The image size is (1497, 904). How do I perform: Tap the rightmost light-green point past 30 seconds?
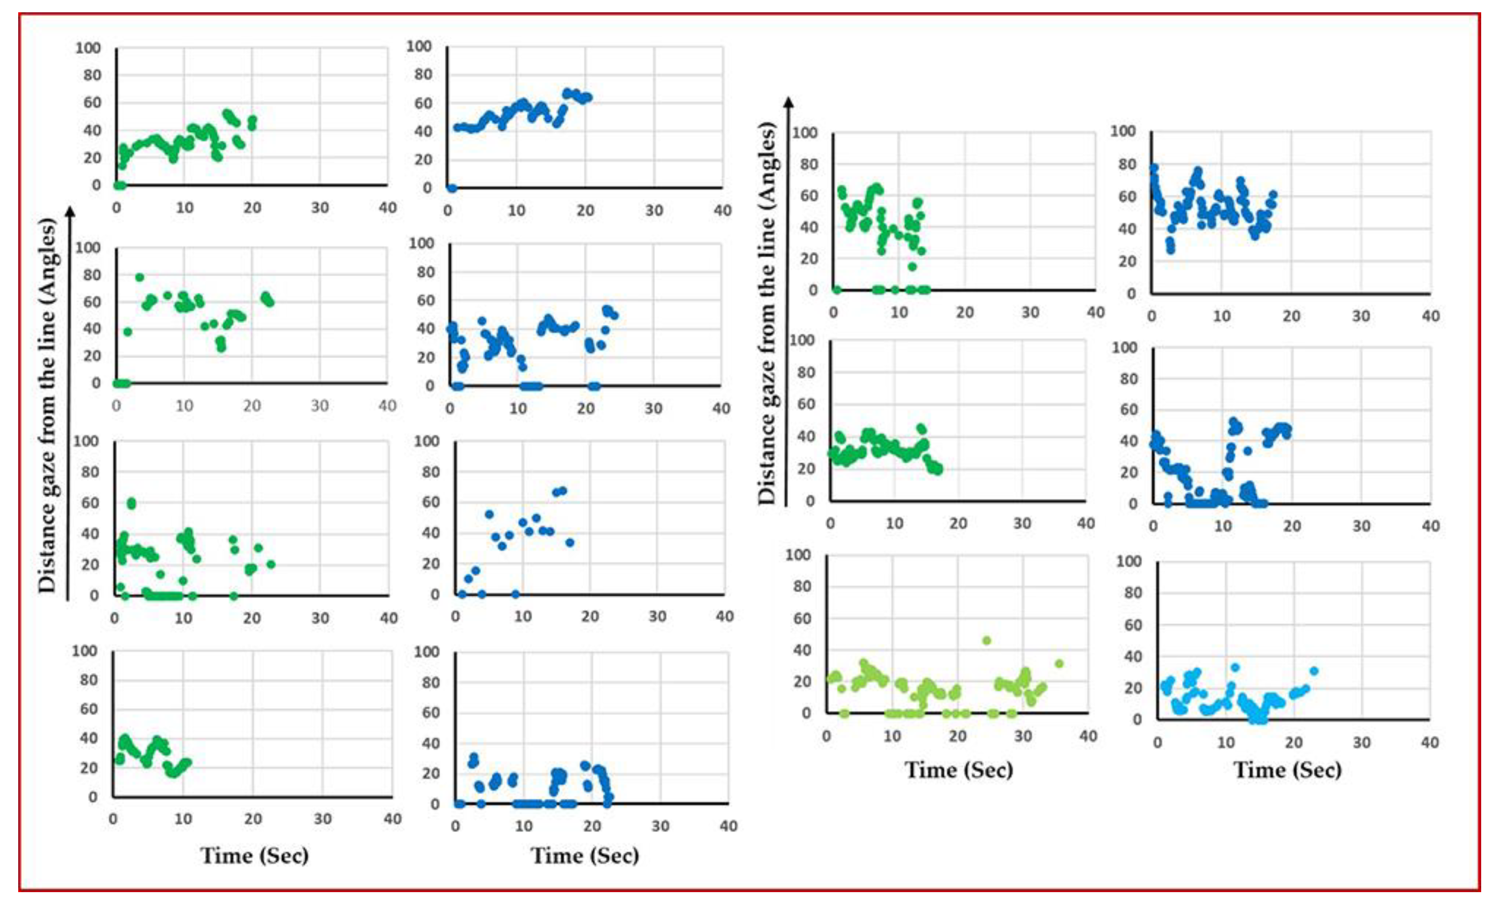[x=1059, y=663]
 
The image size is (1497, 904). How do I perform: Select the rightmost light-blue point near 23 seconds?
[x=1313, y=671]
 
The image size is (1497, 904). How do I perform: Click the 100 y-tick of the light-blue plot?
[x=1128, y=561]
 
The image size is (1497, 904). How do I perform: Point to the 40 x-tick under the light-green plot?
[x=1087, y=736]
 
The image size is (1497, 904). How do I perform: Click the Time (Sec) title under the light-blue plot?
[x=1287, y=770]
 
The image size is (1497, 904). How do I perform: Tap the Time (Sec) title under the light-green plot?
[x=959, y=770]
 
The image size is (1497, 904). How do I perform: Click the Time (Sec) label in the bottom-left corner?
[x=255, y=855]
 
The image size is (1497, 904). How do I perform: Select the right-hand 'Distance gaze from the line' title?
[x=767, y=313]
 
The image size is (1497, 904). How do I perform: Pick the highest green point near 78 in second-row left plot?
[x=139, y=277]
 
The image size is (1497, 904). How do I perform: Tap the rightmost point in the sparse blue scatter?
[x=569, y=542]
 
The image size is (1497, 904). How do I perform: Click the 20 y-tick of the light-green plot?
[x=802, y=681]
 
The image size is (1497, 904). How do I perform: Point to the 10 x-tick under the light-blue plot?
[x=1225, y=742]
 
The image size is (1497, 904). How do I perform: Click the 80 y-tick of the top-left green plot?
[x=92, y=75]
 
